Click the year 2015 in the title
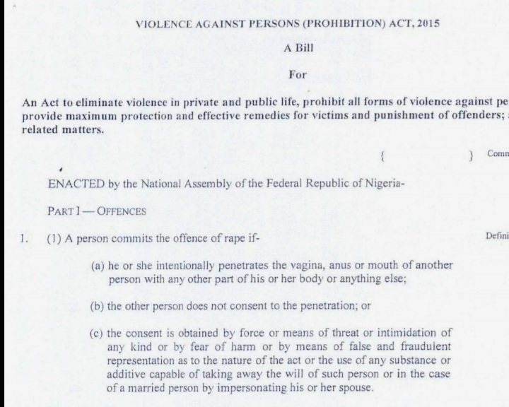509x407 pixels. [x=426, y=23]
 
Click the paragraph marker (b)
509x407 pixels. [x=98, y=307]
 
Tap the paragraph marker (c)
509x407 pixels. [x=98, y=332]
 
